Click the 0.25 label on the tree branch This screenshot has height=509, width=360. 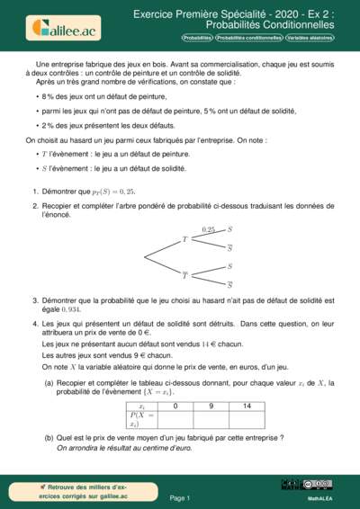tap(209, 230)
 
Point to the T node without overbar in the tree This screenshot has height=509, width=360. tap(184, 239)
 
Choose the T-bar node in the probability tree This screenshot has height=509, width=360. tap(185, 274)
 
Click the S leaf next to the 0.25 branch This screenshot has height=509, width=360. tap(229, 230)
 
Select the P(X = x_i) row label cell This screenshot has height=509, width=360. tap(140, 419)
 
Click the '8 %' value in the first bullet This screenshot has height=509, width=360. tap(48, 94)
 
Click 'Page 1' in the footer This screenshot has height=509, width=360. tap(180, 497)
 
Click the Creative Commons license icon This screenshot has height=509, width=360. tap(321, 484)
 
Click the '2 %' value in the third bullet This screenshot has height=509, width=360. tap(48, 125)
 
